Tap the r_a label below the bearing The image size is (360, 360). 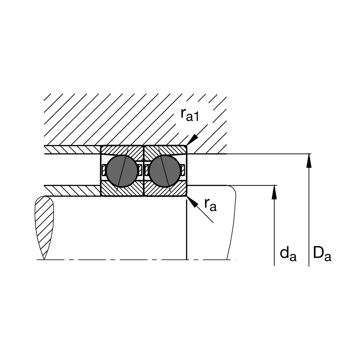click(210, 205)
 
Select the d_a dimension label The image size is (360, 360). click(288, 254)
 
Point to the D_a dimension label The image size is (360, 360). click(322, 253)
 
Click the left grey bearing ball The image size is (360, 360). click(122, 170)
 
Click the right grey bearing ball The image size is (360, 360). click(165, 170)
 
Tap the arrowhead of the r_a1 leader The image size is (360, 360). click(193, 139)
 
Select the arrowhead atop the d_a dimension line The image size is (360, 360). click(274, 192)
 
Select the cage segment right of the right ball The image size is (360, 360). click(183, 170)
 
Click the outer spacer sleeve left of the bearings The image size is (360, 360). click(72, 149)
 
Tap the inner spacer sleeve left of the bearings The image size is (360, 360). click(72, 190)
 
